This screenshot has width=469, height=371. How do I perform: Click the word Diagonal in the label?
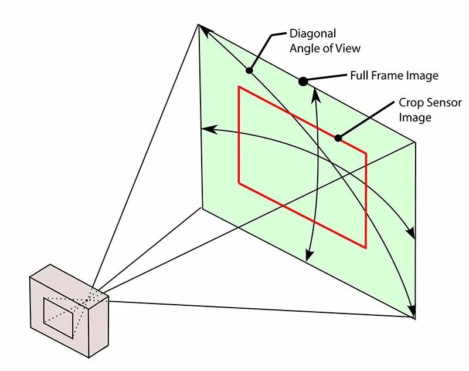(x=312, y=34)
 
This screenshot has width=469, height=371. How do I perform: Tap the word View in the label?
(x=348, y=48)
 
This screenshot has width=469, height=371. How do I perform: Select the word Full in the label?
(x=360, y=76)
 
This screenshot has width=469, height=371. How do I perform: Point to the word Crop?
(x=410, y=102)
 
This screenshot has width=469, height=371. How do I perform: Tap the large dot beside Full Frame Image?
(x=303, y=82)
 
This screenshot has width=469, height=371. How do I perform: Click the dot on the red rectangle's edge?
(x=338, y=138)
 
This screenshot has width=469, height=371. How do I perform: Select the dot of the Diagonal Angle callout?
(x=249, y=70)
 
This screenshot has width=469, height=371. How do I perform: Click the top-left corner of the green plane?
(x=199, y=25)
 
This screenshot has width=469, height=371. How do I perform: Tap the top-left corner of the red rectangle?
(x=238, y=87)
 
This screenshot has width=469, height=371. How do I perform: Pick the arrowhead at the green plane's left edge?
(x=206, y=129)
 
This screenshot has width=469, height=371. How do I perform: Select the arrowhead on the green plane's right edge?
(x=411, y=234)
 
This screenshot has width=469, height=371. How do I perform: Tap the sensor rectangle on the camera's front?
(x=59, y=317)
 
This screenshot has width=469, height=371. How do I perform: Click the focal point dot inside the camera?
(x=87, y=300)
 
